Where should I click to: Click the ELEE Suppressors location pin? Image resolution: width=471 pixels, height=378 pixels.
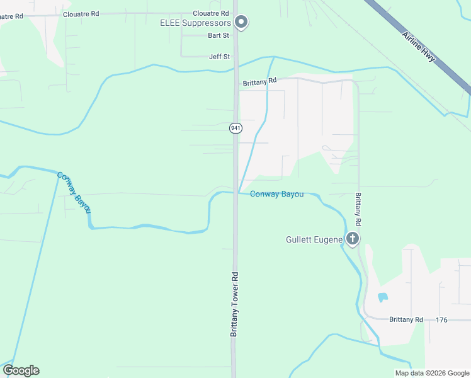241,23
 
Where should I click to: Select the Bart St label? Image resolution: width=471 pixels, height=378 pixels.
219,36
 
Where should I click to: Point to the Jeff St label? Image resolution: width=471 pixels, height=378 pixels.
220,57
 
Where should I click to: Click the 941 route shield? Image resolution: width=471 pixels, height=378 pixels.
235,128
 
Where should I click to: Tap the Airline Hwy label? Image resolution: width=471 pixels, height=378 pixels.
419,46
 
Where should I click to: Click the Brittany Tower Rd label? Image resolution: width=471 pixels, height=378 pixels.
234,304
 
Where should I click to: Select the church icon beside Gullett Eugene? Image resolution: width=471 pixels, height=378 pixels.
353,239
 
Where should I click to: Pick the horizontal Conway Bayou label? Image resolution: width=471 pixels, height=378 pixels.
276,194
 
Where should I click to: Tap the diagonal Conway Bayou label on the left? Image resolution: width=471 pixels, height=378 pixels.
74,192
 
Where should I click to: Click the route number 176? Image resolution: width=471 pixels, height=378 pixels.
441,320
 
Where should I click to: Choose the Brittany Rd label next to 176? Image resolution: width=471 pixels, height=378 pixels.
406,320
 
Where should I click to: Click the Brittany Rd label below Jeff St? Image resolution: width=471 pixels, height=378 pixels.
260,81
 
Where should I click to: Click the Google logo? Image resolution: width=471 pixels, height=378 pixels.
21,370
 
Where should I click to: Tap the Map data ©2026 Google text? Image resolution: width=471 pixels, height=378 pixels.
431,373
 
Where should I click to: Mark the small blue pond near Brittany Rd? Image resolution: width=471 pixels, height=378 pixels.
382,297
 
